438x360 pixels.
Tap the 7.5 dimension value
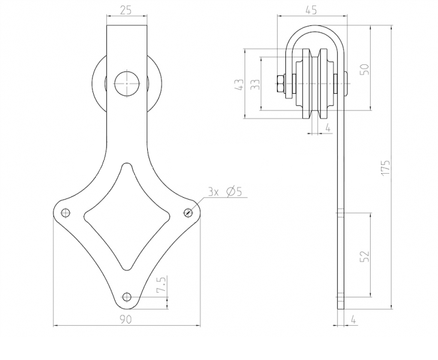(x=160, y=285)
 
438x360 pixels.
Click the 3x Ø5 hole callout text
(x=224, y=192)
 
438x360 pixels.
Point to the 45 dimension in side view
(x=311, y=10)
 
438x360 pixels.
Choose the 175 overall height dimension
(x=386, y=167)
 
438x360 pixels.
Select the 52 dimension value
(x=363, y=255)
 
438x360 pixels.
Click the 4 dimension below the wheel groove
(x=327, y=127)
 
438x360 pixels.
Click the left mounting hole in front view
(x=65, y=212)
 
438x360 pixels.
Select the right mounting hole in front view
(x=187, y=212)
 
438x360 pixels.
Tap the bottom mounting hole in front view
(x=126, y=296)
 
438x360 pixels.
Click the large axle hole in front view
(x=126, y=82)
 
